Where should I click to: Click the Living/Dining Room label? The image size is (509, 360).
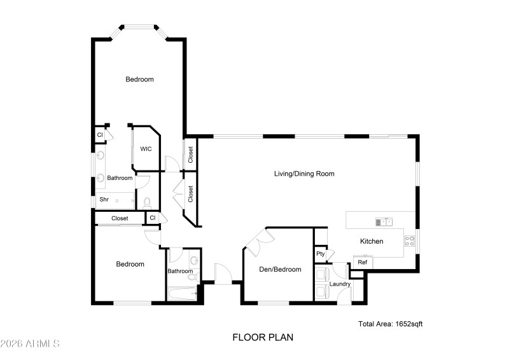(x=303, y=174)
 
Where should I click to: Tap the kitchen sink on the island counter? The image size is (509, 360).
(x=384, y=221)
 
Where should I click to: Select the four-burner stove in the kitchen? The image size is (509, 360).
(x=410, y=241)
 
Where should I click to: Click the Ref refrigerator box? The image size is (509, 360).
(x=363, y=262)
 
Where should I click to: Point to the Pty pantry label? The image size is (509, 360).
(x=321, y=254)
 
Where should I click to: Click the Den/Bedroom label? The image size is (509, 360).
(x=280, y=269)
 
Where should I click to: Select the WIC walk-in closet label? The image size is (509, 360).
(x=146, y=149)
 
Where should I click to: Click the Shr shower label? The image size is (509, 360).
(x=104, y=200)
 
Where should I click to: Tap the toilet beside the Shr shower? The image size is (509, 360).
(x=147, y=202)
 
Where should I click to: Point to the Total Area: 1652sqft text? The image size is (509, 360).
(x=390, y=324)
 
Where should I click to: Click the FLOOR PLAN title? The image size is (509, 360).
(x=263, y=337)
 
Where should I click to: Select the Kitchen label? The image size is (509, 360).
(x=372, y=242)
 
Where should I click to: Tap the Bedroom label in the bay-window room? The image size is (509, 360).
(x=139, y=80)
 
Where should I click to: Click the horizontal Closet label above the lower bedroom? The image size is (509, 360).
(x=120, y=218)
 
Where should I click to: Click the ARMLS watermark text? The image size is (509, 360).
(x=30, y=343)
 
